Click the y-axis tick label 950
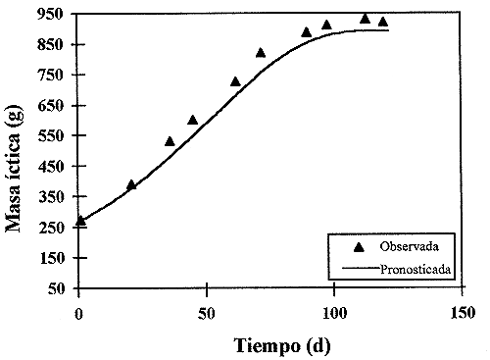pos(55,15)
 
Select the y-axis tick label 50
pos(59,289)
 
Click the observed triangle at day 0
pos(80,222)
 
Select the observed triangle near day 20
pos(131,184)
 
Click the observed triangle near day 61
pos(235,81)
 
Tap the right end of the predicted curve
pos(389,30)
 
